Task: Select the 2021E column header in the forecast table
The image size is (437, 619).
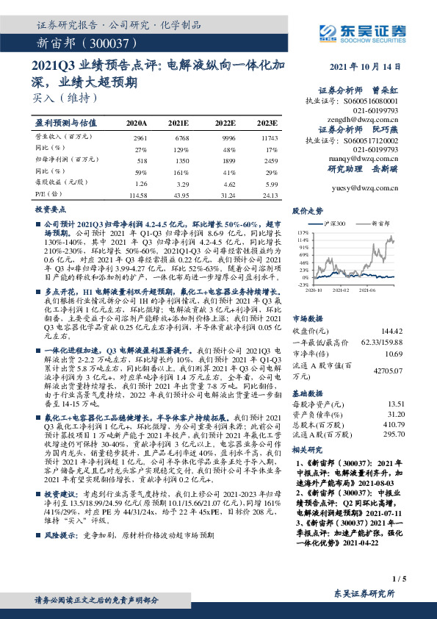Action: (178, 123)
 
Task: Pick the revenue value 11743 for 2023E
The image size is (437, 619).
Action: (270, 137)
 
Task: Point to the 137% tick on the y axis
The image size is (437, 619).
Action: (303, 231)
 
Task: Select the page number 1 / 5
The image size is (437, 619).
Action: (400, 579)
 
